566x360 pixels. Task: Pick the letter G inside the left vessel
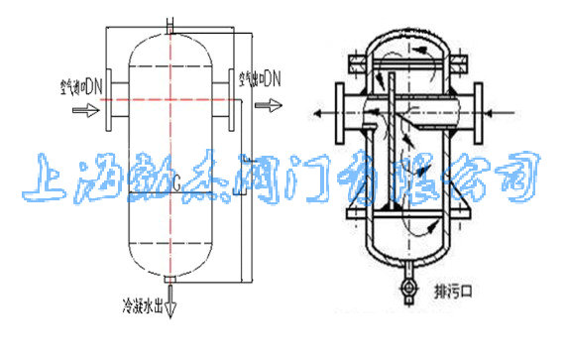(175, 182)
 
